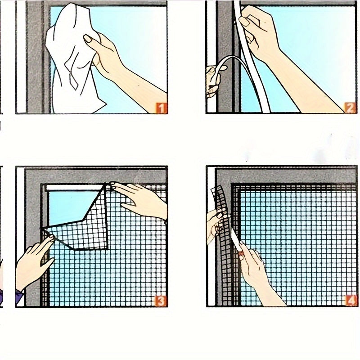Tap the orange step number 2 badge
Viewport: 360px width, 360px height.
pos(350,108)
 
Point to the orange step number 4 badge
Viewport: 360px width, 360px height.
pos(351,301)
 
